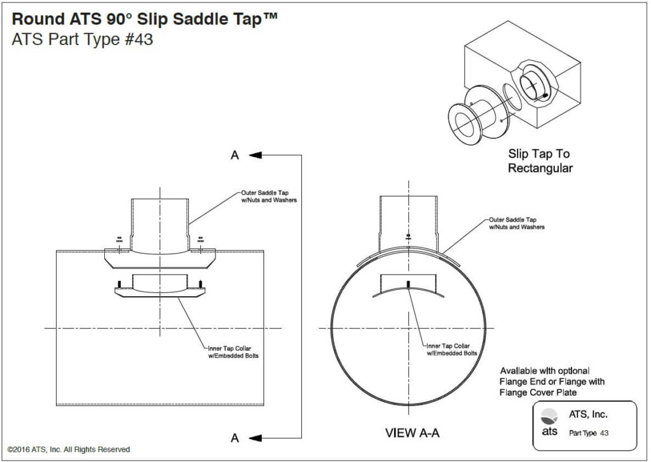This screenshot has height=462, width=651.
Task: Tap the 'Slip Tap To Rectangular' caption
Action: pos(539,161)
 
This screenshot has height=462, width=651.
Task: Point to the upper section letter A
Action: pos(235,155)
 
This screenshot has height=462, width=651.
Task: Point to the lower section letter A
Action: pos(235,438)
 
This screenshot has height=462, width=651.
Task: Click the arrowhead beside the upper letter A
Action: pos(256,154)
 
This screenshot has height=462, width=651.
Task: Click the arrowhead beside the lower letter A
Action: pos(256,437)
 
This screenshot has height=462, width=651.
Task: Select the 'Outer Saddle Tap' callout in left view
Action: pos(268,196)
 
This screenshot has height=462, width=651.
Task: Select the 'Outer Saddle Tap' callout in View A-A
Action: pos(516,223)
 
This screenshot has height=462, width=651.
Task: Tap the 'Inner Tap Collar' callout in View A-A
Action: pos(451,349)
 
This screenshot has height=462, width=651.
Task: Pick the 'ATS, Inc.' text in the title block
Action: pos(588,415)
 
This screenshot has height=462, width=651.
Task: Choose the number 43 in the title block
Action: pos(604,433)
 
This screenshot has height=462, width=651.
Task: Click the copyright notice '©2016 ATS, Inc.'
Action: pos(69,449)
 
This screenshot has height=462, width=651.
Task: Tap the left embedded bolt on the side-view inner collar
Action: pos(119,283)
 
